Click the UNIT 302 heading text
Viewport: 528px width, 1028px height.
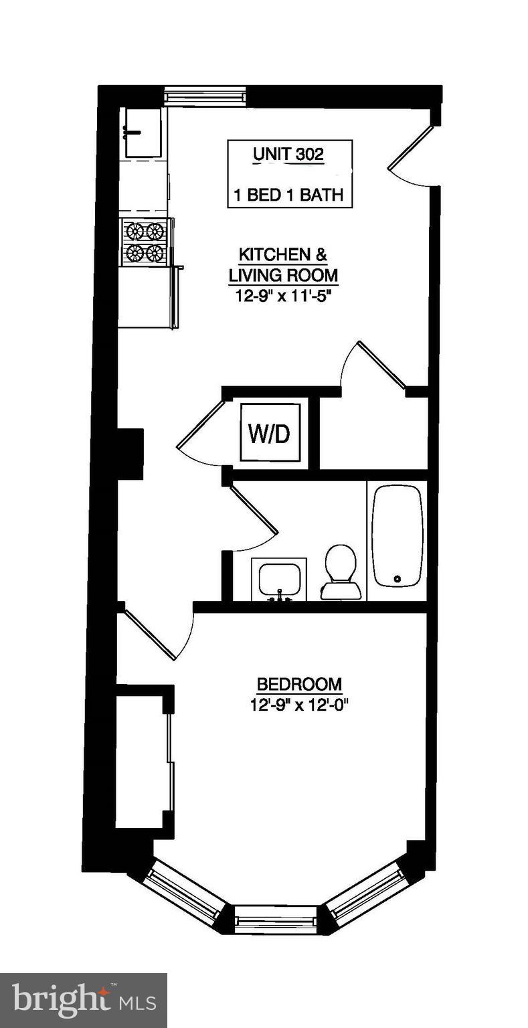(288, 155)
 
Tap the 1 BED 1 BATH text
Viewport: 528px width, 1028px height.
(288, 195)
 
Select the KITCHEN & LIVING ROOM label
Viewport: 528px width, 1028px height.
(283, 265)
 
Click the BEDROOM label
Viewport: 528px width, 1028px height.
(299, 685)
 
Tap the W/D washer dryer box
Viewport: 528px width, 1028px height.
(270, 433)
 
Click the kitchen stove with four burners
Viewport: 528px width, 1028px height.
(145, 242)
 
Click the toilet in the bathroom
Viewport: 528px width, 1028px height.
(341, 571)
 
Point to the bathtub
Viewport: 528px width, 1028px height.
(398, 535)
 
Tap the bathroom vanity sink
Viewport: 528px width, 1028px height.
(278, 578)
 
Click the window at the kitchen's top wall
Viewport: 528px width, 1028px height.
(205, 96)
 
